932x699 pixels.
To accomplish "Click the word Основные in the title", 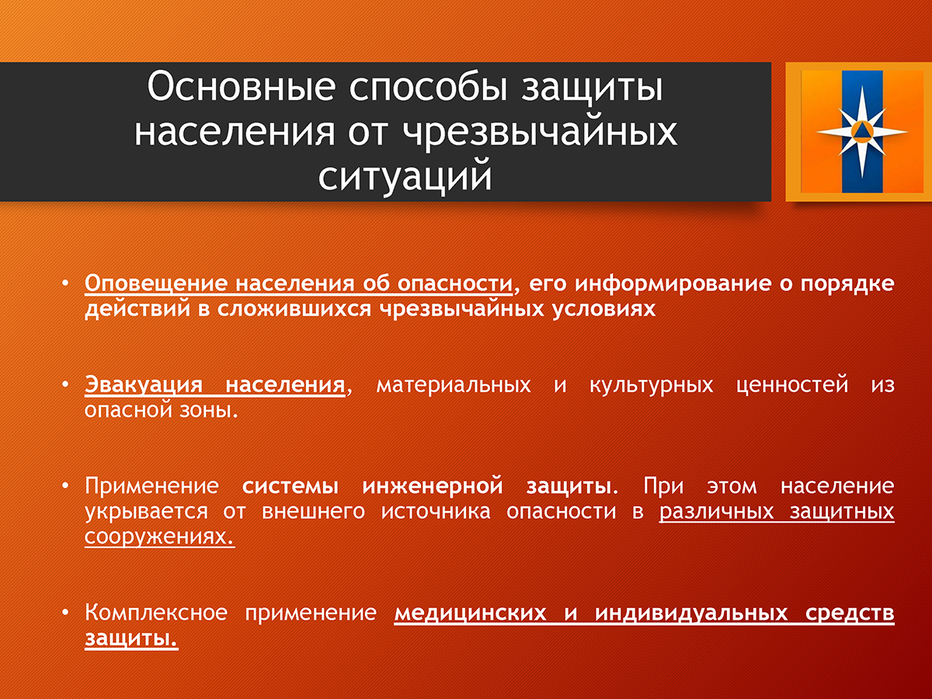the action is pyautogui.click(x=242, y=87).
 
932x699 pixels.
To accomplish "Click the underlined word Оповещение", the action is pyautogui.click(x=156, y=283).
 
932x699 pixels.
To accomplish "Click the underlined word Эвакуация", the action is pyautogui.click(x=144, y=385).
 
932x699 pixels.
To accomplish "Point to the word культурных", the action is pyautogui.click(x=652, y=385).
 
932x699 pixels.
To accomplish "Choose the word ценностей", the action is pyautogui.click(x=792, y=385).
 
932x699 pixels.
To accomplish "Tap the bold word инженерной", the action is pyautogui.click(x=433, y=486).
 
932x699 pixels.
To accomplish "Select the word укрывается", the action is pyautogui.click(x=147, y=511).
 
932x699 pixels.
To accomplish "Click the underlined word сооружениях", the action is pyautogui.click(x=159, y=537).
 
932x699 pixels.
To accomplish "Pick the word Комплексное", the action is pyautogui.click(x=156, y=613).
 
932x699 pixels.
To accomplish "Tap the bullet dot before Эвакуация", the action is pyautogui.click(x=65, y=384).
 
